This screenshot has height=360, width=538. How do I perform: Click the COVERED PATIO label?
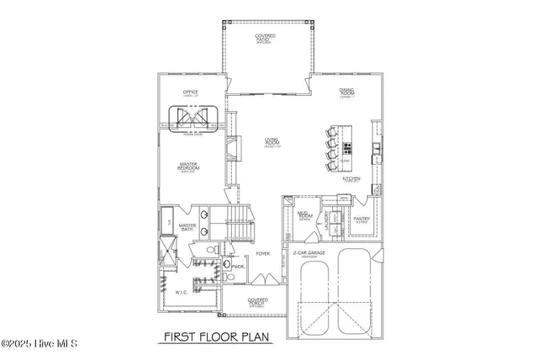coord(265,38)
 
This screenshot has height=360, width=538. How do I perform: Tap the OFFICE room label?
coord(190,93)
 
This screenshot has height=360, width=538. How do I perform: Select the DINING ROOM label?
coord(346,93)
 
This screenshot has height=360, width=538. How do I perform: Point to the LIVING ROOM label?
coord(272,142)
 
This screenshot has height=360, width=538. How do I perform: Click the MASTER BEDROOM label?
coord(187,167)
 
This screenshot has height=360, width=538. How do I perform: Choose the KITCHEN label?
coord(351,179)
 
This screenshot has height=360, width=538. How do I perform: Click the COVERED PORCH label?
coord(258,300)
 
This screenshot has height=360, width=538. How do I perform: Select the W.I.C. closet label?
coord(180,293)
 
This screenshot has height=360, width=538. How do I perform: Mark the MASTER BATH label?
coord(187,227)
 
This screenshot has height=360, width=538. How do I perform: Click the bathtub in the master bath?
coord(167,220)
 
